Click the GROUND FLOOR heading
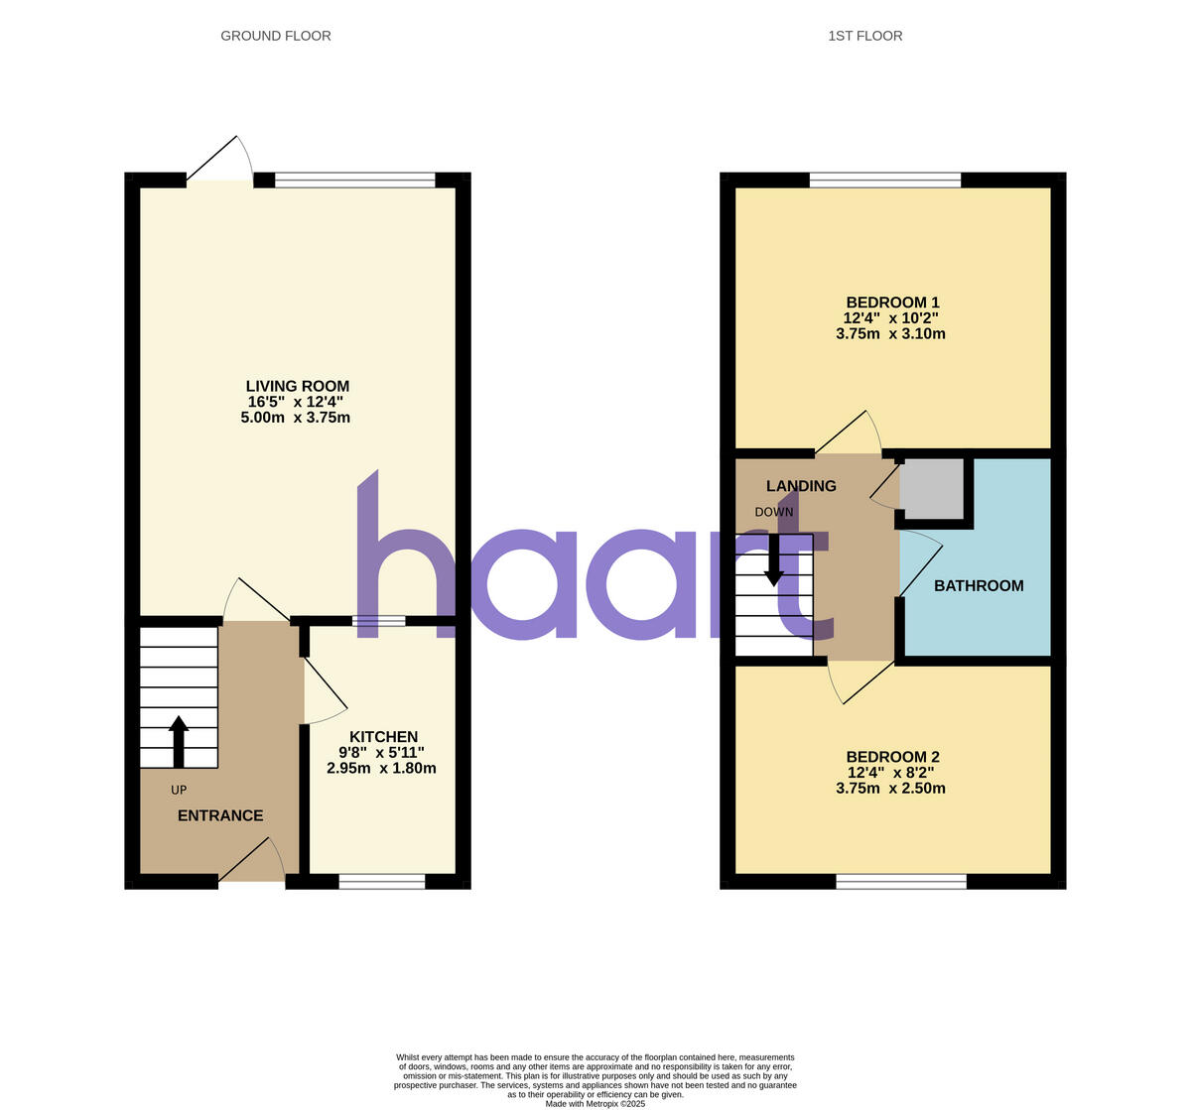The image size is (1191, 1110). click(275, 36)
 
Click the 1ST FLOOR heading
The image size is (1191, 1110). click(864, 36)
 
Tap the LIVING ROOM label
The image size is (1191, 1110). click(297, 386)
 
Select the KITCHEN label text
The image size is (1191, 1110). click(383, 737)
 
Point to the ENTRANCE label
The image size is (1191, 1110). click(220, 815)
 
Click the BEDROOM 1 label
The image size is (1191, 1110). click(891, 303)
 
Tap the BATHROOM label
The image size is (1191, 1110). click(979, 586)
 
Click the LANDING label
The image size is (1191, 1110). click(801, 486)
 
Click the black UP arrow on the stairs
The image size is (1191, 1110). click(179, 741)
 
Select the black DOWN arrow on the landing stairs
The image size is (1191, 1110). click(774, 560)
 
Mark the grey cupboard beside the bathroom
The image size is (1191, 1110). click(932, 488)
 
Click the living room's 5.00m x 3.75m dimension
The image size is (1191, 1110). click(295, 418)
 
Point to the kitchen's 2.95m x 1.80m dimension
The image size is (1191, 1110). click(381, 768)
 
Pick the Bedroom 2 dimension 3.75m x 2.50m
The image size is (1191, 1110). click(890, 789)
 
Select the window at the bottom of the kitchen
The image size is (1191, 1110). click(382, 881)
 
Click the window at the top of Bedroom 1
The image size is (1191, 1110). click(885, 180)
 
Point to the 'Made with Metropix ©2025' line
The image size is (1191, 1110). click(595, 1103)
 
